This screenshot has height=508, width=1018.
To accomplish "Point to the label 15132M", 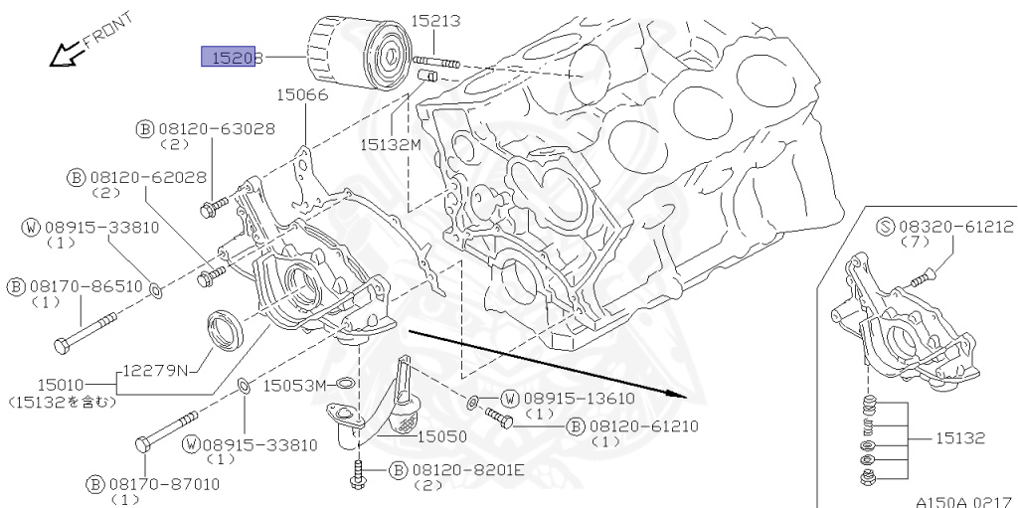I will pyautogui.click(x=391, y=144).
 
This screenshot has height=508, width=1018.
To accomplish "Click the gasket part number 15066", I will pyautogui.click(x=303, y=94).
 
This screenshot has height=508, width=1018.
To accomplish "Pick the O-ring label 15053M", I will pyautogui.click(x=294, y=385).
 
